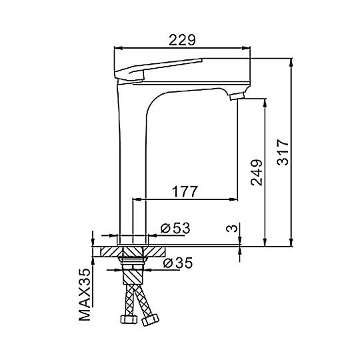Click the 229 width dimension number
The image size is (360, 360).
(182, 40)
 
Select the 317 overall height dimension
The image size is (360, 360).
(283, 152)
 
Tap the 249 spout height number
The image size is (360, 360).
(257, 173)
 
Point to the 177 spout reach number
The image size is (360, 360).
(185, 191)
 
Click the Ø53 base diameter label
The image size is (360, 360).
(175, 228)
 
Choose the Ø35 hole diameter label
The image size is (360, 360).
(178, 263)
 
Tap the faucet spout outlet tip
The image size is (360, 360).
(237, 96)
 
